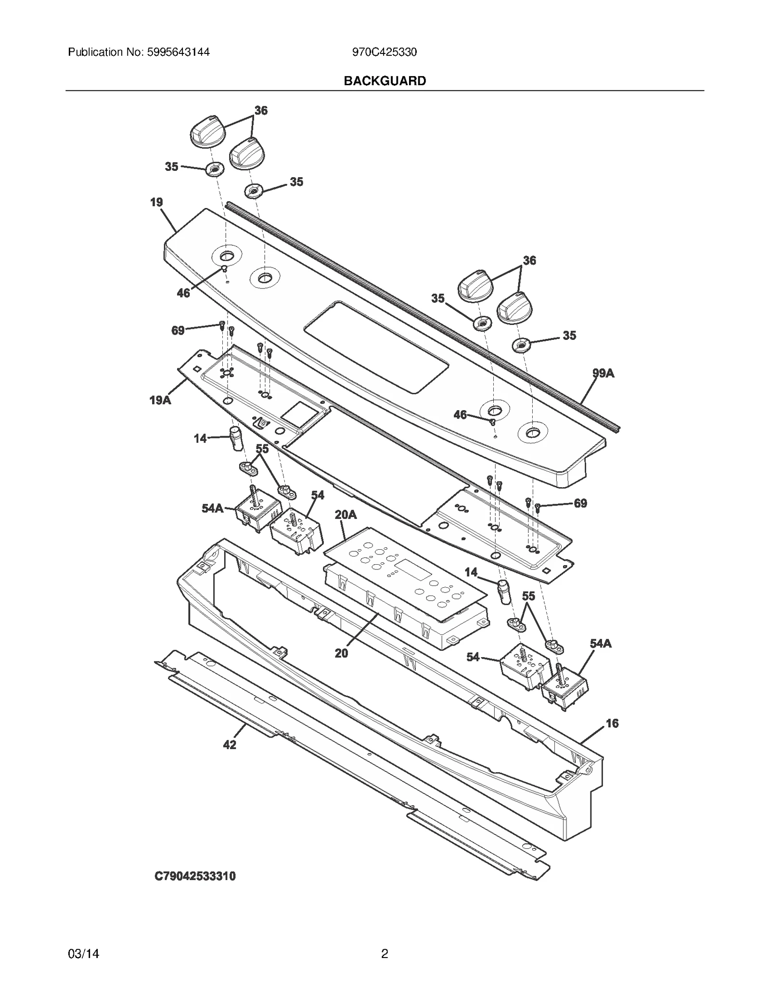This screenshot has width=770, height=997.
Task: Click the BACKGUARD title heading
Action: tap(385, 81)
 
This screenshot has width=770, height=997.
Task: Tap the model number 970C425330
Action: tap(384, 52)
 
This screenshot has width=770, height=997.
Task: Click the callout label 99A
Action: tap(603, 373)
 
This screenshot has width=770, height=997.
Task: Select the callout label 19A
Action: tap(160, 400)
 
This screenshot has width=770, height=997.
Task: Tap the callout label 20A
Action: tap(346, 515)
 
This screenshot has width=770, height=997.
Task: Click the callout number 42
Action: tap(230, 744)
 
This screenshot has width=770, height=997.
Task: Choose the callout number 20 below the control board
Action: tap(341, 653)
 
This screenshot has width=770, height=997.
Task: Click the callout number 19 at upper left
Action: tap(156, 202)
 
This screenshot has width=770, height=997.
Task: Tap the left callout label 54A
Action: tap(212, 508)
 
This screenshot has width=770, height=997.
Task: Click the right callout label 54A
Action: tap(601, 644)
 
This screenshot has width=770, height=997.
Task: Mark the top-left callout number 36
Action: tap(261, 110)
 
